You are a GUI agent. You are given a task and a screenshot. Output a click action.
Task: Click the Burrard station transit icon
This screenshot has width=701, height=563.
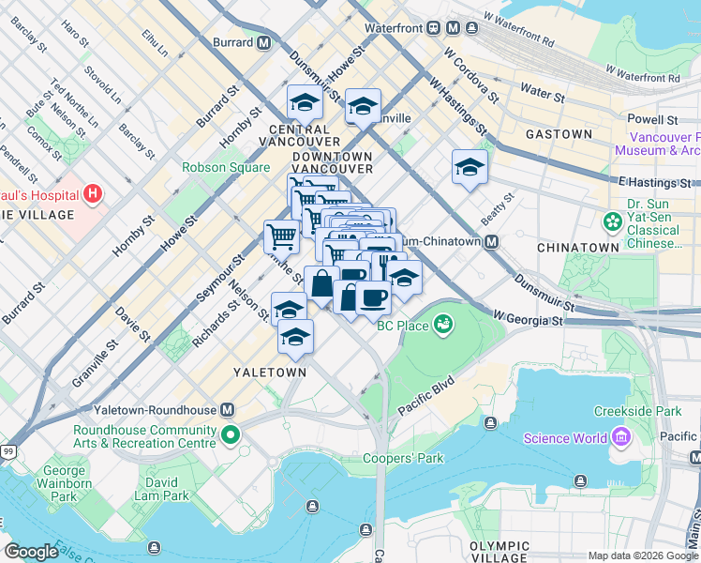(264, 42)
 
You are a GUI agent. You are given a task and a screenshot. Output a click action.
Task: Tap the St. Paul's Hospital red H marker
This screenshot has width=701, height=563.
(92, 194)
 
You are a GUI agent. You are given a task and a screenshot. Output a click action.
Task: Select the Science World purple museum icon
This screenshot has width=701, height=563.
(619, 437)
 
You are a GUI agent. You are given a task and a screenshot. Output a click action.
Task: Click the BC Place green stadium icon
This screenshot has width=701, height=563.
(443, 326)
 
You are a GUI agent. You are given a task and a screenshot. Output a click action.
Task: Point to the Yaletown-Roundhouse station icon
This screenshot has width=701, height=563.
(227, 410)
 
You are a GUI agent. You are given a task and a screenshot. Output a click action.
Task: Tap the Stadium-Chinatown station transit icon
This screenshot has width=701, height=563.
(492, 242)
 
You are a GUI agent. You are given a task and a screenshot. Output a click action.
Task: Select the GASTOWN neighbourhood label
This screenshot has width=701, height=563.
(559, 134)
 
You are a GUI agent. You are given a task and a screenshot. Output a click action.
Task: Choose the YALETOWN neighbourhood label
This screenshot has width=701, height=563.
(270, 373)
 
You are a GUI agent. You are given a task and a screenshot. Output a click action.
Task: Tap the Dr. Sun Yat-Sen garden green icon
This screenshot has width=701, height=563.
(613, 221)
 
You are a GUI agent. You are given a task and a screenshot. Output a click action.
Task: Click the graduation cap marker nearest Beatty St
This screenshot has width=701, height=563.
(470, 168)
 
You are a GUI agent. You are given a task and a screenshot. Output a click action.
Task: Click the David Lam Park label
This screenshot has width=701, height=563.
(161, 489)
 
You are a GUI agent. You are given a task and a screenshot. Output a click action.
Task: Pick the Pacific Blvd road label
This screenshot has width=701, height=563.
(425, 397)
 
